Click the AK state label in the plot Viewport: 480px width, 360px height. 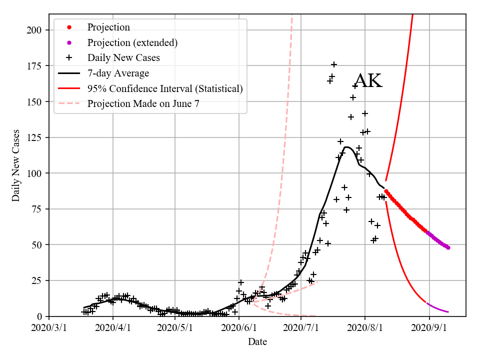tap(368, 80)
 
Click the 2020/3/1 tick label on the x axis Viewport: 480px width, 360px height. tap(49, 328)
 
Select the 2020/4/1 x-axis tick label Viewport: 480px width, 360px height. tap(112, 328)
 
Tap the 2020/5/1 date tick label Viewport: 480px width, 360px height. tap(174, 328)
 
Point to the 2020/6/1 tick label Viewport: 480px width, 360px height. tap(238, 328)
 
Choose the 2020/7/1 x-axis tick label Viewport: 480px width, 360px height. tap(300, 328)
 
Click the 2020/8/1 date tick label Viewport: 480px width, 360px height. tap(364, 328)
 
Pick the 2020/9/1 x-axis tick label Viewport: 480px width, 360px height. tap(428, 328)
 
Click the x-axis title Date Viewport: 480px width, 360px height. tap(257, 342)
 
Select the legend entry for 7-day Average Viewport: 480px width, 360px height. tap(118, 73)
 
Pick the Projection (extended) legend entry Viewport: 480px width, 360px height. tap(132, 42)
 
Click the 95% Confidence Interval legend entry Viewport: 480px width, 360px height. tap(165, 88)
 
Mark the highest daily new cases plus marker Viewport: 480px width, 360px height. tap(334, 64)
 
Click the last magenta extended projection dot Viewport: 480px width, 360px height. tap(448, 247)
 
